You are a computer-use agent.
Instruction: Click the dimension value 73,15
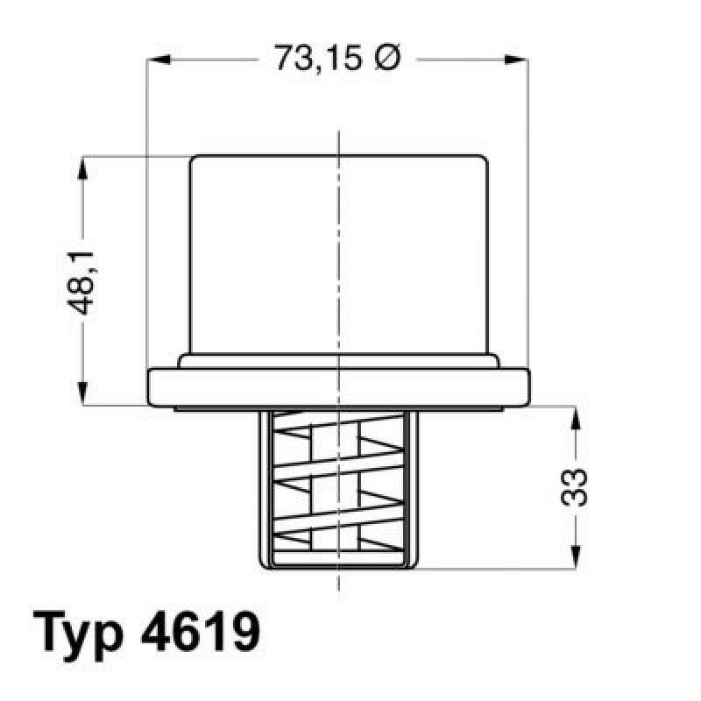click(318, 60)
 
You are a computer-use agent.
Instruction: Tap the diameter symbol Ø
click(386, 59)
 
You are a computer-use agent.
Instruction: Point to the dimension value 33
click(575, 486)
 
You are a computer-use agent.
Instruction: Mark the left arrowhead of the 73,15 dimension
click(157, 60)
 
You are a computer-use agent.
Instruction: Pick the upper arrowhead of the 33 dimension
click(575, 420)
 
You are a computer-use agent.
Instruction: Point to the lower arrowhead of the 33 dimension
click(575, 556)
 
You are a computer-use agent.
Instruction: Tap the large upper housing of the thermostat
click(338, 254)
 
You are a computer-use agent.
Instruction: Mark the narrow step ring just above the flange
click(338, 361)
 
